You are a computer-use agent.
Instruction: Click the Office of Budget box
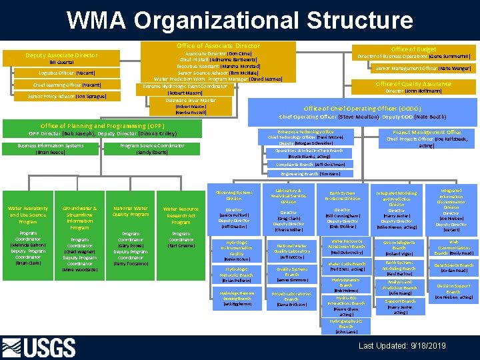[413, 53]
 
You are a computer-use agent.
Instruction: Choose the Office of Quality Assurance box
[413, 87]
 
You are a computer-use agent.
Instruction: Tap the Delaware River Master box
[191, 106]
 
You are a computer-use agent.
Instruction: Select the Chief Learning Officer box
[63, 85]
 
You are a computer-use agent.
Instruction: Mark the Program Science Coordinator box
[153, 149]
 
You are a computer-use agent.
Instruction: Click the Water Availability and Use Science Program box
[28, 215]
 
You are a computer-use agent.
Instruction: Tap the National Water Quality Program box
[131, 211]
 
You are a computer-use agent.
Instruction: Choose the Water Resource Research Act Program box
[181, 215]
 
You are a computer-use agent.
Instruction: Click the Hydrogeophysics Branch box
[346, 325]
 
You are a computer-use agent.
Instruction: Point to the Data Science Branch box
[453, 265]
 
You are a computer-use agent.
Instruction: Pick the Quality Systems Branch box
[292, 272]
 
